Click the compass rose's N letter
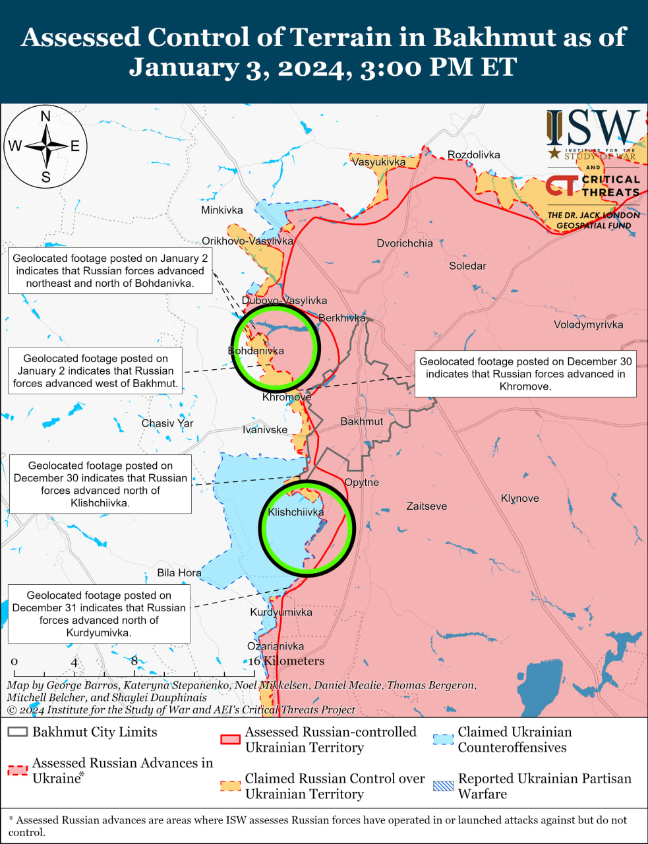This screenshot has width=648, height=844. [x=45, y=117]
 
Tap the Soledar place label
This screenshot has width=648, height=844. [x=467, y=266]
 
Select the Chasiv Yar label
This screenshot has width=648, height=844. [x=167, y=423]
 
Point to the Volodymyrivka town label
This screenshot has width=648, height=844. [x=588, y=324]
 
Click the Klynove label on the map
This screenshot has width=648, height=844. [x=519, y=498]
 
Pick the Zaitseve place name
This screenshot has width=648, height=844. [x=427, y=506]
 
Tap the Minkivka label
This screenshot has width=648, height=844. [x=221, y=210]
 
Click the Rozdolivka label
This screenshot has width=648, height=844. [x=473, y=155]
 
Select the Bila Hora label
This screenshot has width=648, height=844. [x=179, y=573]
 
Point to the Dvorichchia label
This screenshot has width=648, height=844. [x=405, y=243]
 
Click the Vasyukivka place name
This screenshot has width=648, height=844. [x=378, y=162]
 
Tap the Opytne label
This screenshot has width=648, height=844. [x=362, y=482]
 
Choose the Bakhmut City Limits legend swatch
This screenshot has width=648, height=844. [x=18, y=733]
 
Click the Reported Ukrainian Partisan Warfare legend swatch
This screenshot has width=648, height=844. [x=443, y=786]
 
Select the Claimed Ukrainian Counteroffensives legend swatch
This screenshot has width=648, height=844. [x=443, y=739]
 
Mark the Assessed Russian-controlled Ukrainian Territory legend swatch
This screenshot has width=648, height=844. [x=230, y=739]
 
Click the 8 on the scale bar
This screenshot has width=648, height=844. [x=134, y=661]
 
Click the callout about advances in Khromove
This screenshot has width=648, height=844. [x=525, y=374]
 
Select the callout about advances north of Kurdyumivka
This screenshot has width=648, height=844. [x=99, y=614]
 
